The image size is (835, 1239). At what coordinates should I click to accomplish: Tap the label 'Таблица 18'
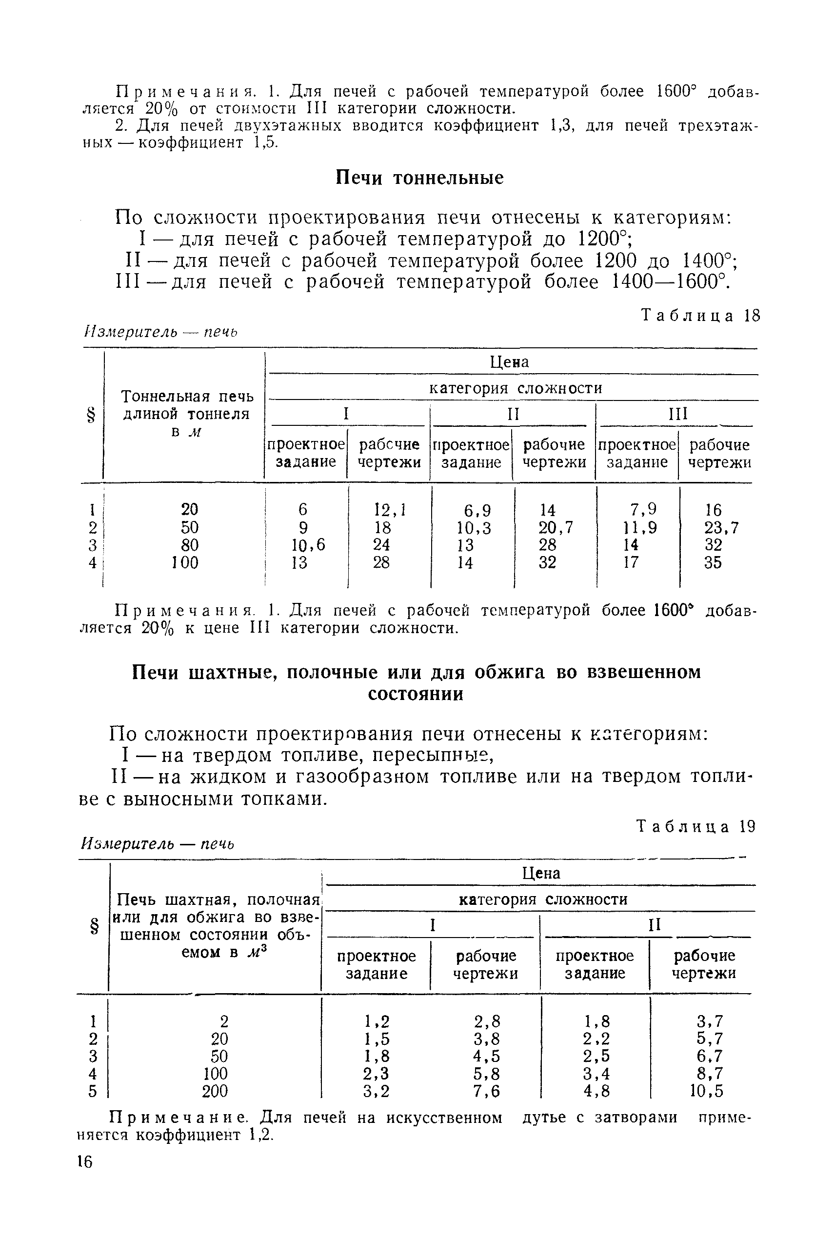[x=700, y=316]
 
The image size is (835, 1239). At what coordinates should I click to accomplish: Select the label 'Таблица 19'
[x=696, y=826]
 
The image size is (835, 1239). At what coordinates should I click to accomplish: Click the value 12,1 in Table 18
[x=390, y=510]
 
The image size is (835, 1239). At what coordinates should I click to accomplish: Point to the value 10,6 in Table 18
[x=308, y=545]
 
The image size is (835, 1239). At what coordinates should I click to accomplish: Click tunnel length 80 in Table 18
[x=190, y=545]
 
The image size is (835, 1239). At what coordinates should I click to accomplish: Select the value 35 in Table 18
[x=713, y=562]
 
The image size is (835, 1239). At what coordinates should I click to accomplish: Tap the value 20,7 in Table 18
[x=556, y=528]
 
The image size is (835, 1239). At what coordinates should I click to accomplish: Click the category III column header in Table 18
[x=677, y=414]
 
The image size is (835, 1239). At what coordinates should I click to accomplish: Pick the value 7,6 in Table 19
[x=487, y=1092]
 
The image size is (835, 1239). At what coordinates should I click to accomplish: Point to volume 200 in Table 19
[x=215, y=1092]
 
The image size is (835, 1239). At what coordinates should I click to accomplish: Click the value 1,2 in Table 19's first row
[x=377, y=1021]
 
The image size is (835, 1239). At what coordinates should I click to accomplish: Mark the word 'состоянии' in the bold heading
[x=416, y=694]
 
